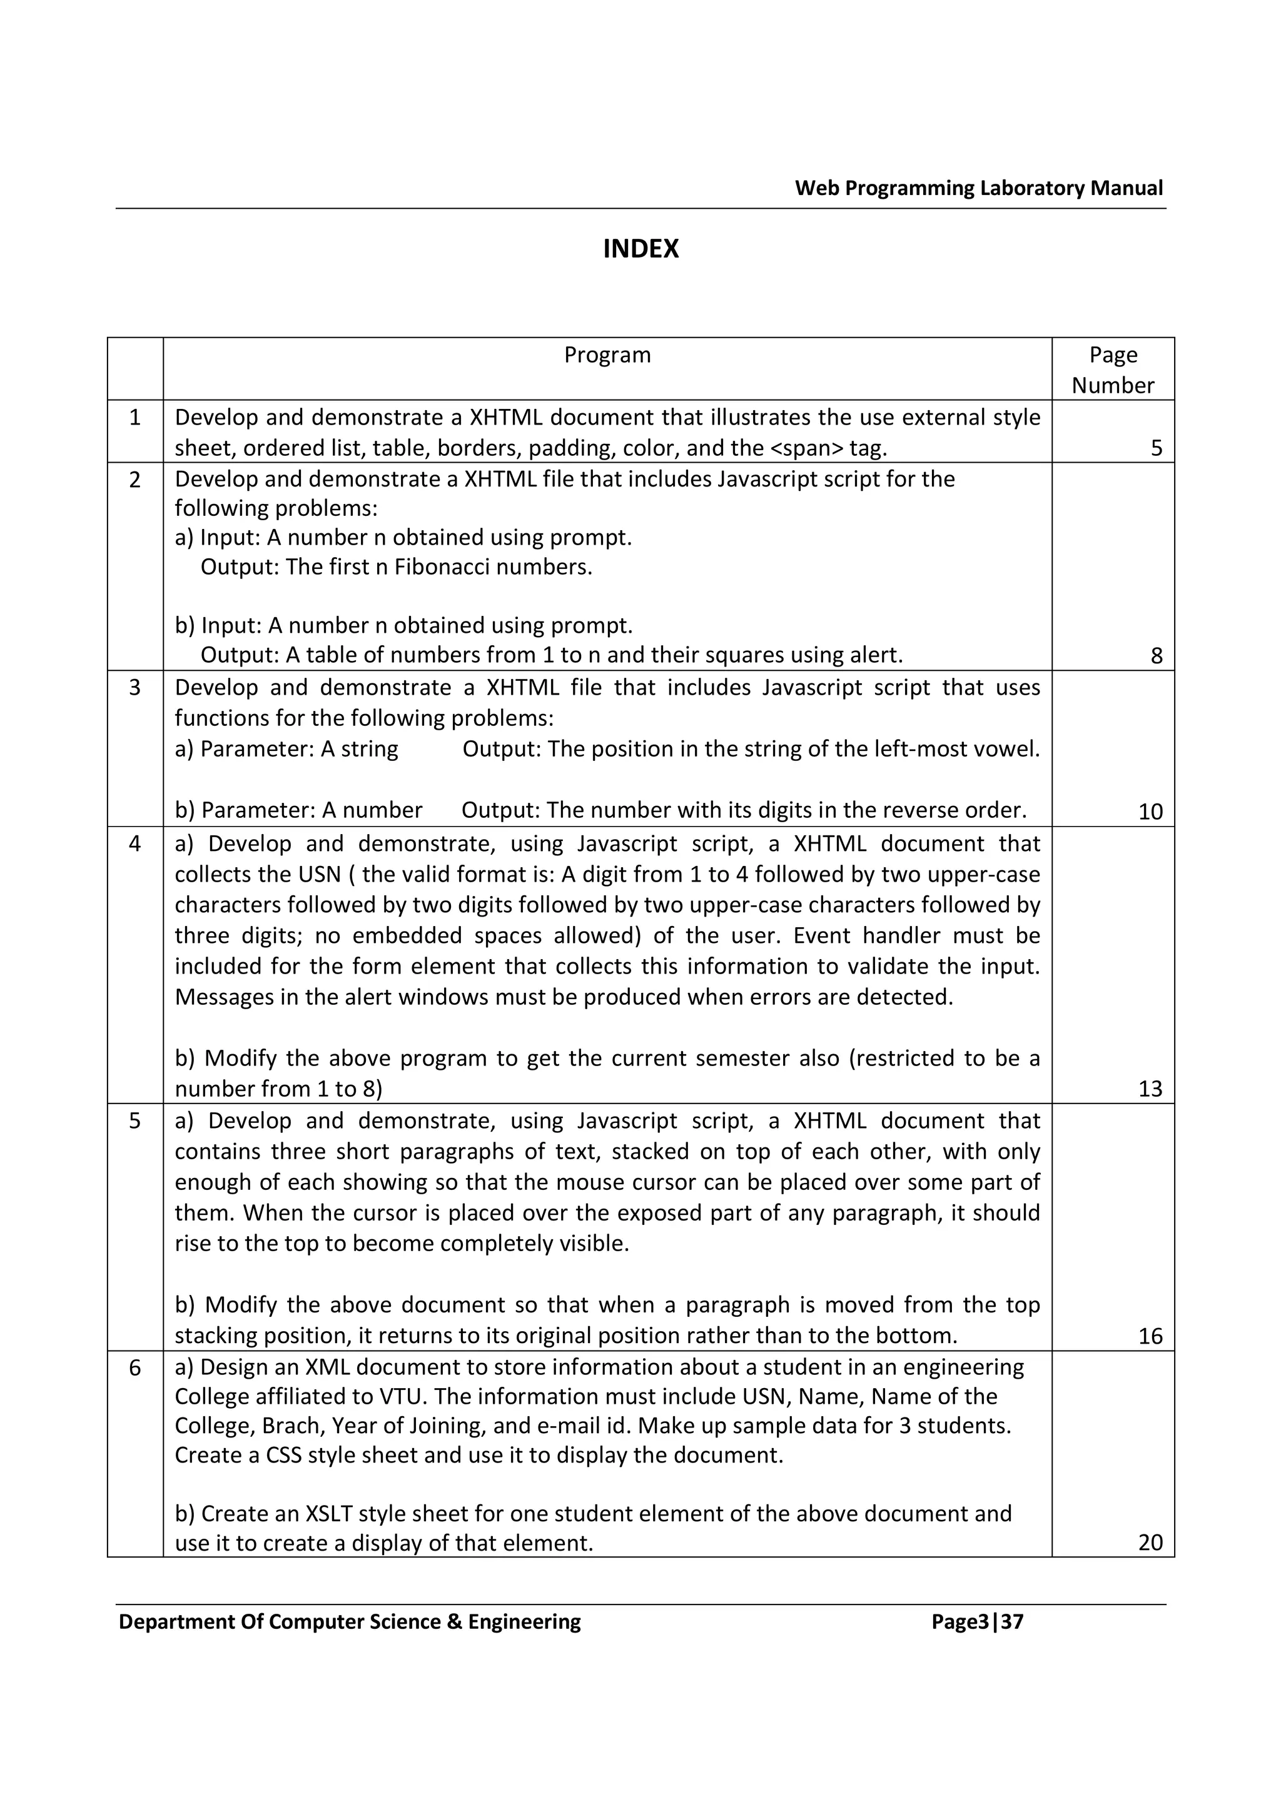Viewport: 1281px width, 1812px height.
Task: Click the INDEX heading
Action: click(x=640, y=249)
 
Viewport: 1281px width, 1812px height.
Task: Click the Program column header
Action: click(x=607, y=355)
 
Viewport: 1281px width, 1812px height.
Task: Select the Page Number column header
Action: click(x=1112, y=370)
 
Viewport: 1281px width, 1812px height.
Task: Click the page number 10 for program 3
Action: click(x=1150, y=812)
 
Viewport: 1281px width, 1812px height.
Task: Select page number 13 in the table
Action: click(x=1150, y=1089)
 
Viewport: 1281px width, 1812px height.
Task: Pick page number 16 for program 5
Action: click(x=1150, y=1336)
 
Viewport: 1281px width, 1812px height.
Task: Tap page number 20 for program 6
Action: click(x=1150, y=1542)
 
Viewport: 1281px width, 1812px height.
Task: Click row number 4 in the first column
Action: click(x=135, y=843)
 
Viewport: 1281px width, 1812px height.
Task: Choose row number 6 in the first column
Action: click(x=135, y=1367)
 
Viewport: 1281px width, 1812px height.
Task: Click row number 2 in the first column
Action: click(x=135, y=479)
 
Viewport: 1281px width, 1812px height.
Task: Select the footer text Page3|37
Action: click(x=976, y=1621)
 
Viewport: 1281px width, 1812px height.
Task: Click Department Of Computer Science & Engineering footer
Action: click(x=350, y=1621)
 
